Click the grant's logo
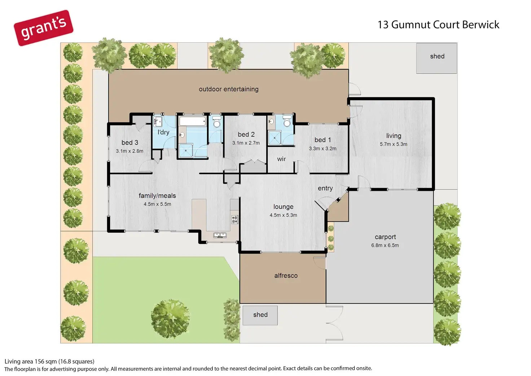coord(44,28)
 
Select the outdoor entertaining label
coord(228,89)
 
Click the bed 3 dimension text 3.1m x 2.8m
coord(130,151)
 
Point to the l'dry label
coord(163,132)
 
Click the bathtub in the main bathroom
coord(193,121)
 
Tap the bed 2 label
coord(246,134)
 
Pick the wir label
coord(281,159)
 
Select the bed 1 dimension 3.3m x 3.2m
coord(322,148)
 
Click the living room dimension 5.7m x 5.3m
coord(394,144)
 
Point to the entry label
coord(325,188)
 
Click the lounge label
coord(283,207)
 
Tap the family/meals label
coord(157,196)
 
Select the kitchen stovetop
coord(235,219)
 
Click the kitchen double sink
coord(220,235)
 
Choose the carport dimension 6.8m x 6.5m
coord(385,245)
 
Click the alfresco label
coord(286,276)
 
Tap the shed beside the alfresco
coord(260,315)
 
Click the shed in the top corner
coord(436,58)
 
